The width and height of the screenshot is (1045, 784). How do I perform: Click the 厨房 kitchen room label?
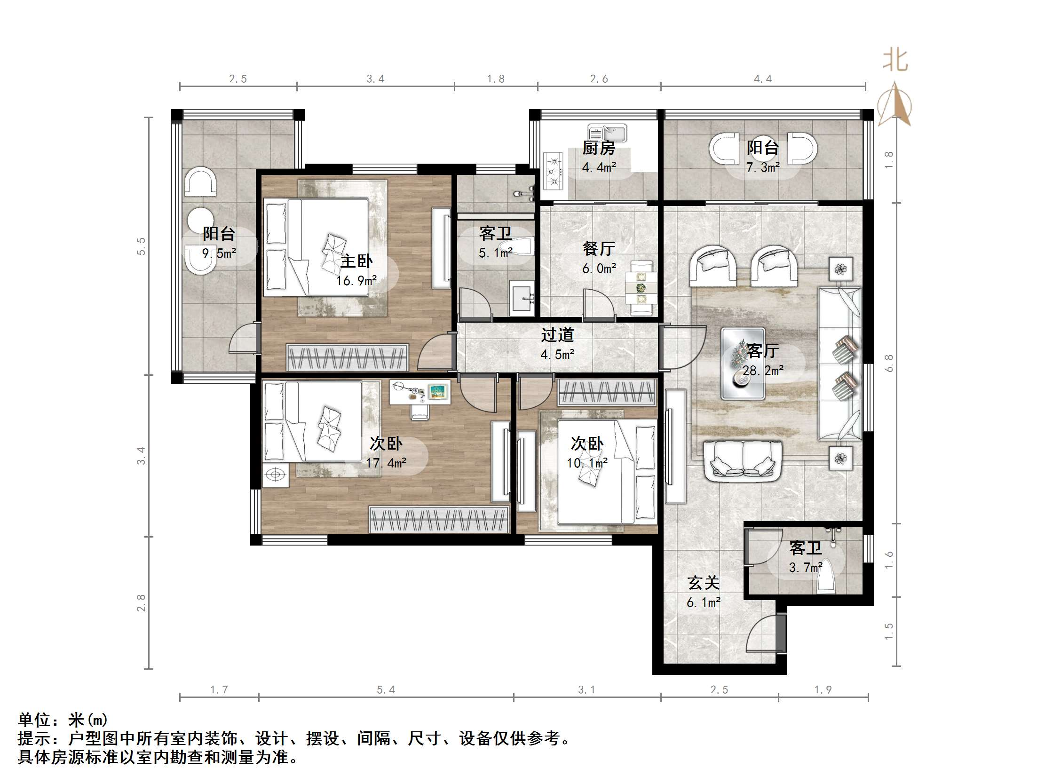(599, 148)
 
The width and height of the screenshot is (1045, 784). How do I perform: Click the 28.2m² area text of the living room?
(763, 371)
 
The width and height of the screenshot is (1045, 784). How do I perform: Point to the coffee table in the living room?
(743, 364)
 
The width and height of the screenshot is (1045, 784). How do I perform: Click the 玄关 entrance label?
(704, 583)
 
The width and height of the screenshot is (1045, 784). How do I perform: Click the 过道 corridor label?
(557, 335)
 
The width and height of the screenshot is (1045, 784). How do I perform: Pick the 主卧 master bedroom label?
(356, 261)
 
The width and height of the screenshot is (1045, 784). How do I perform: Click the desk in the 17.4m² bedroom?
(420, 392)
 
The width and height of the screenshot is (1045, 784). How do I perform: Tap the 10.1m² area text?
(587, 463)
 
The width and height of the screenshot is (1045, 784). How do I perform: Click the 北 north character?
(895, 61)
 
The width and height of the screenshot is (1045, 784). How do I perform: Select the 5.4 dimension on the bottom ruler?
(386, 689)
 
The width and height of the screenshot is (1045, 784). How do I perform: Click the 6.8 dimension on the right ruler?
(889, 363)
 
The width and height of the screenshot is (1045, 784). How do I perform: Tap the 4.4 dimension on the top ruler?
(762, 79)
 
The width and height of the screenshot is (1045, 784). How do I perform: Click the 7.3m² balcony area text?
(762, 167)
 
